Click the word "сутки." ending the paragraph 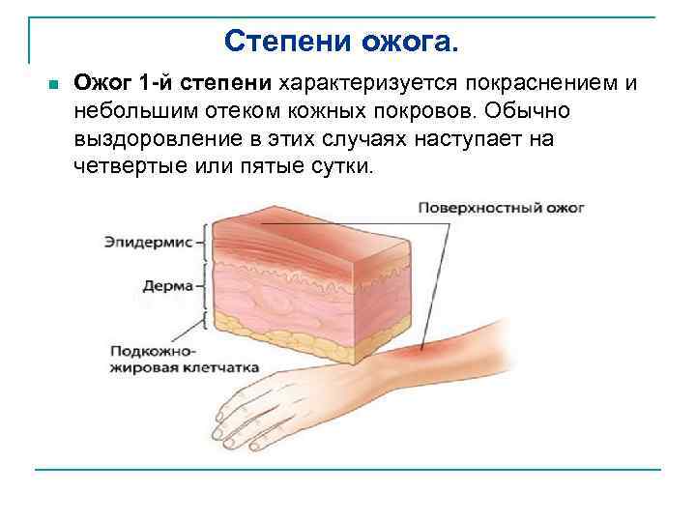tap(337, 165)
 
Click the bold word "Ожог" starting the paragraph tap(103, 84)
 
